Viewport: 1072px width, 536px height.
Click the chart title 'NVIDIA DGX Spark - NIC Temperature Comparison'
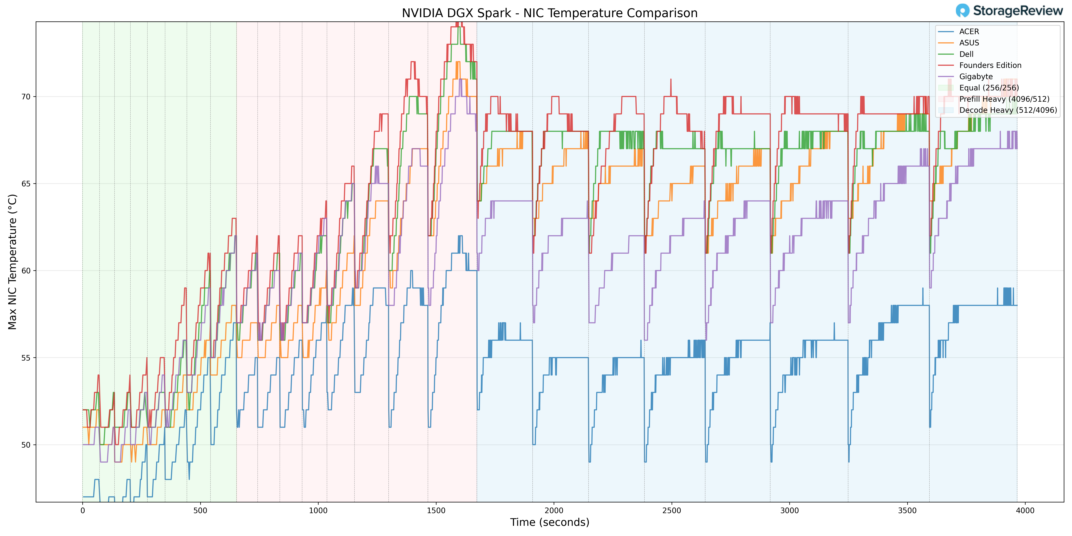click(549, 13)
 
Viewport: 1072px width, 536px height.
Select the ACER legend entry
click(969, 32)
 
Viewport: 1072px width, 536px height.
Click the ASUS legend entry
click(969, 43)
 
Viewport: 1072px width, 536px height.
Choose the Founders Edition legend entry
click(990, 65)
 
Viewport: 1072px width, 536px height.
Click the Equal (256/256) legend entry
click(989, 88)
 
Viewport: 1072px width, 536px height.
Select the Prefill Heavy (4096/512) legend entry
click(1004, 99)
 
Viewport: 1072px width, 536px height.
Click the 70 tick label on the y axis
click(26, 96)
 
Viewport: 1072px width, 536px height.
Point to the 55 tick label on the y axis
click(26, 358)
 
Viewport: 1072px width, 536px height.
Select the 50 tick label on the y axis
click(26, 445)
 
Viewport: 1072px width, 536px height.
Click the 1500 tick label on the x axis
click(436, 511)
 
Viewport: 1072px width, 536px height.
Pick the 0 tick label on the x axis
click(82, 511)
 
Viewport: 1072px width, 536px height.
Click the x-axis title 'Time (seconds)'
click(549, 522)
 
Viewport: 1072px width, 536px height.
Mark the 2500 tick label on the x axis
click(672, 511)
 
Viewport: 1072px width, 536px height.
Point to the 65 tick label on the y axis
click(26, 183)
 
